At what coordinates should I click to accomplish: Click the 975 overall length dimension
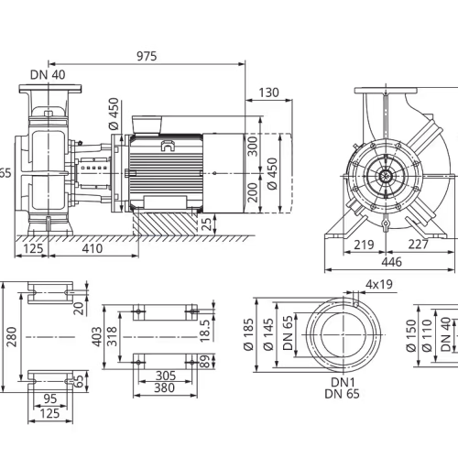pyautogui.click(x=147, y=56)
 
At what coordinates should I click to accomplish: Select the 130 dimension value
pyautogui.click(x=268, y=93)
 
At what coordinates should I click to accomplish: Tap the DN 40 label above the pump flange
pyautogui.click(x=48, y=75)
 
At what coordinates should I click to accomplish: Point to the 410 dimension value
pyautogui.click(x=93, y=248)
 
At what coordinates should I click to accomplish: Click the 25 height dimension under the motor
pyautogui.click(x=207, y=224)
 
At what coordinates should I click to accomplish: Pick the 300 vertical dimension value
pyautogui.click(x=253, y=147)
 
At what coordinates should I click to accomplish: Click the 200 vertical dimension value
pyautogui.click(x=253, y=192)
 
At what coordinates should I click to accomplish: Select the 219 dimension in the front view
pyautogui.click(x=364, y=245)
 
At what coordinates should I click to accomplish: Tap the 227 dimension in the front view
pyautogui.click(x=419, y=245)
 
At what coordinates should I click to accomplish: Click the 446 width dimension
pyautogui.click(x=392, y=262)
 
